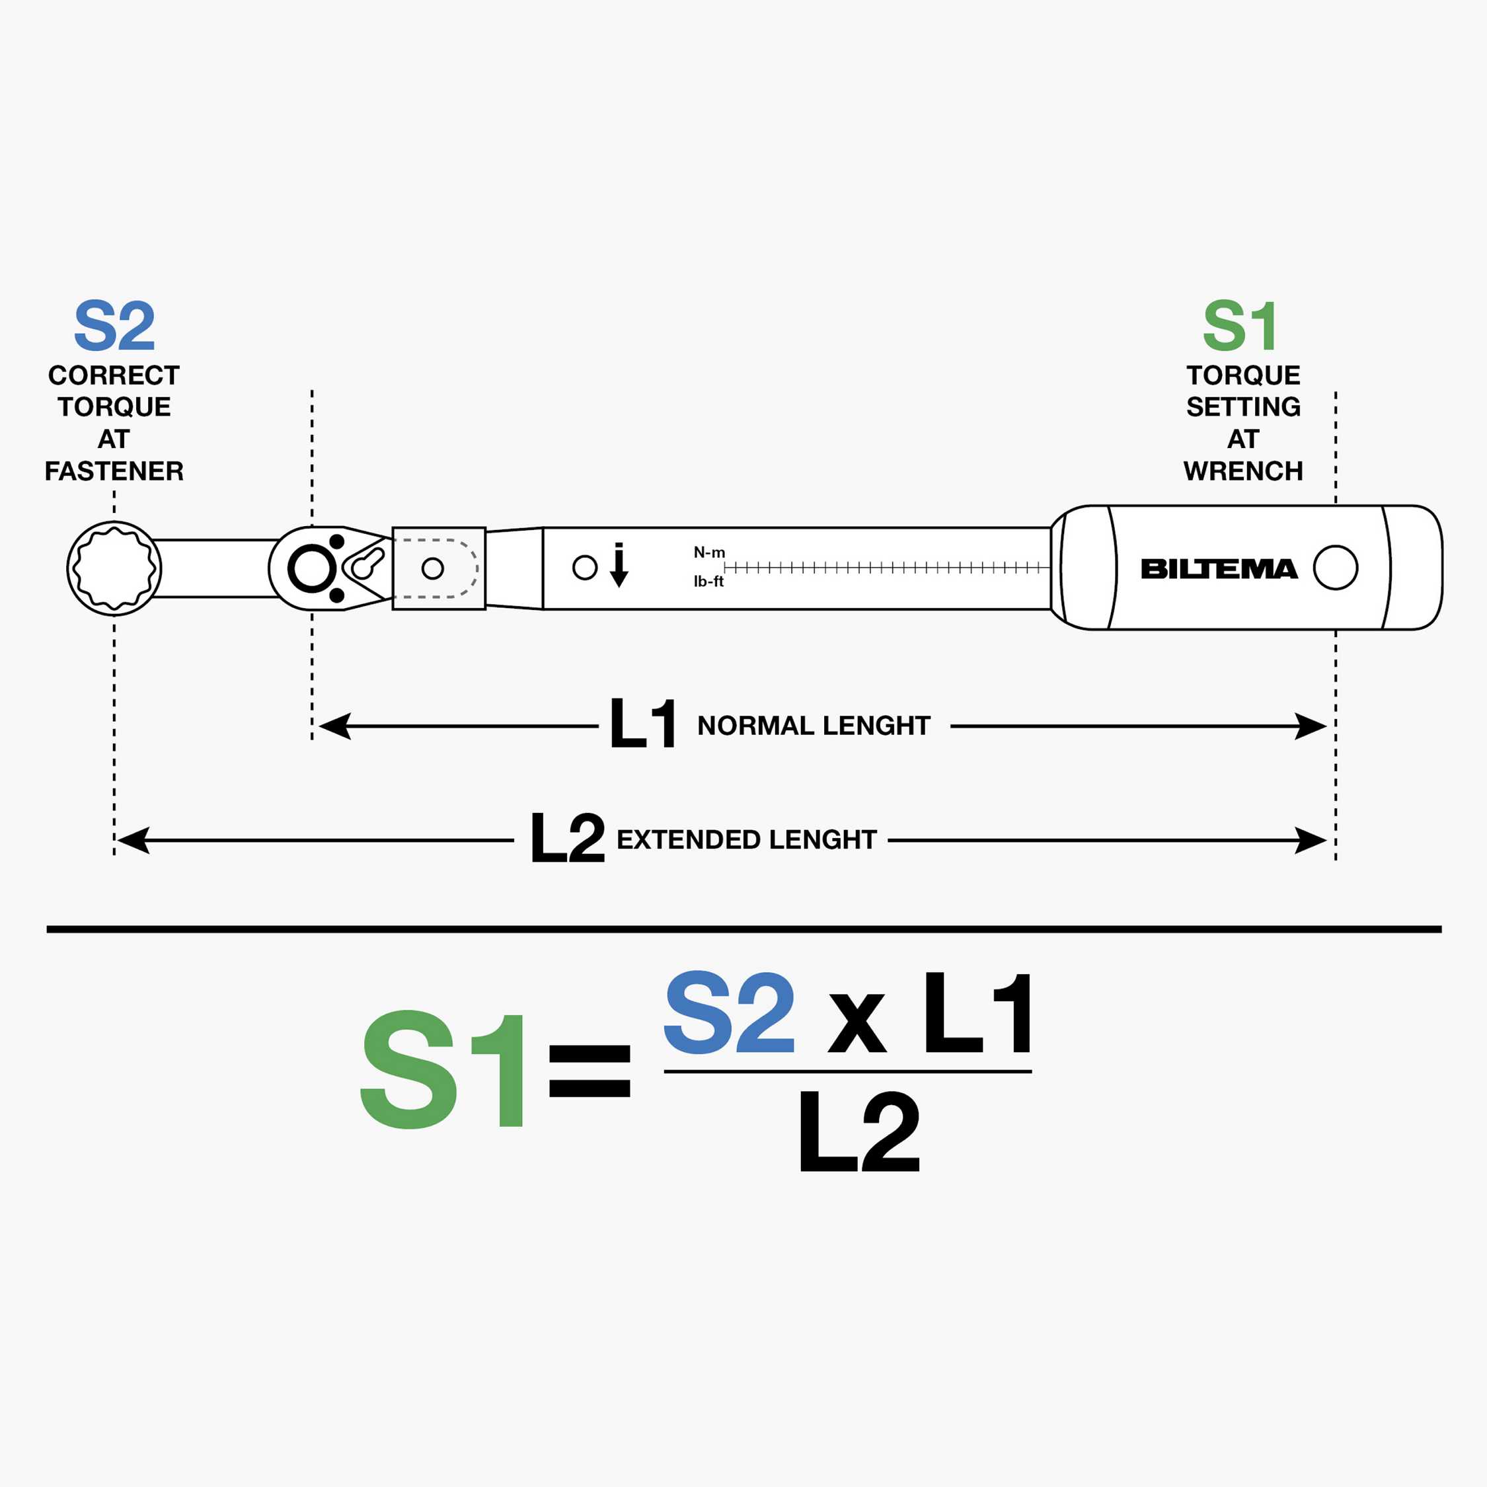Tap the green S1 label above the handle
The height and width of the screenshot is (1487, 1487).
tap(1240, 326)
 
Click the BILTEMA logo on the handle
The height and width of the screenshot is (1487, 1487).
tap(1219, 569)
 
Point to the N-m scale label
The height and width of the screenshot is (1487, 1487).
tap(709, 552)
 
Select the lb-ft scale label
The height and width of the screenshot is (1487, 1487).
tap(708, 581)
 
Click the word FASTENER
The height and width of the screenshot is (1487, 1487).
tap(114, 471)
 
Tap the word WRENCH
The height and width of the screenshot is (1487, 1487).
tap(1243, 471)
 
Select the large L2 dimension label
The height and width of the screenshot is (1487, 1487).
tap(567, 837)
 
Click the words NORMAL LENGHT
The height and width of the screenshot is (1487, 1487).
tap(814, 725)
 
